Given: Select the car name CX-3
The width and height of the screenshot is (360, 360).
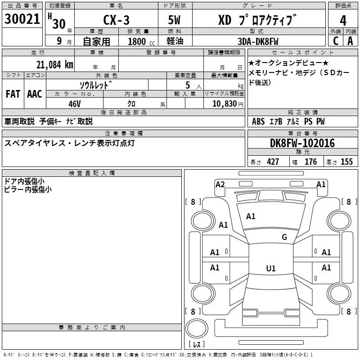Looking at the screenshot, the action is [117, 20].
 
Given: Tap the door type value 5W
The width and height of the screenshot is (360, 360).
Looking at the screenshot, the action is [175, 20].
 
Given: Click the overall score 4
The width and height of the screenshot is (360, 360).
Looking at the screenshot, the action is [343, 20].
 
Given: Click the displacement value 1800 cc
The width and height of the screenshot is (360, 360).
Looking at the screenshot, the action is [138, 41].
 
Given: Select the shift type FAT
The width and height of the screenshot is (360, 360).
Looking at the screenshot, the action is [13, 94].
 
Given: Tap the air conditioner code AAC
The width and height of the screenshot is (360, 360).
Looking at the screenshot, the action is [34, 94].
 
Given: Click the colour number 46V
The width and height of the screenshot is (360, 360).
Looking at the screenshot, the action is [75, 103].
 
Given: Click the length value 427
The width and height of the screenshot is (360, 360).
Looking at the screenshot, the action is [273, 162].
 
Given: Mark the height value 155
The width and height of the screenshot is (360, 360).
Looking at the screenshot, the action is [346, 162].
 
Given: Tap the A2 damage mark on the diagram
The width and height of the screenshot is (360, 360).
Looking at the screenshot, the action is [220, 184].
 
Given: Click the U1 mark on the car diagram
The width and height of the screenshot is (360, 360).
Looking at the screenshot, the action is [270, 269].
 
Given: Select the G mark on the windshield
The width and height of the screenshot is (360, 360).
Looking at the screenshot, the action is [284, 237].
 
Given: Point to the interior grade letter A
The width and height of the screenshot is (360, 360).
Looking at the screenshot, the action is [350, 41].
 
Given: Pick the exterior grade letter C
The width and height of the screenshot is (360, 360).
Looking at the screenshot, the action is [336, 41].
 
